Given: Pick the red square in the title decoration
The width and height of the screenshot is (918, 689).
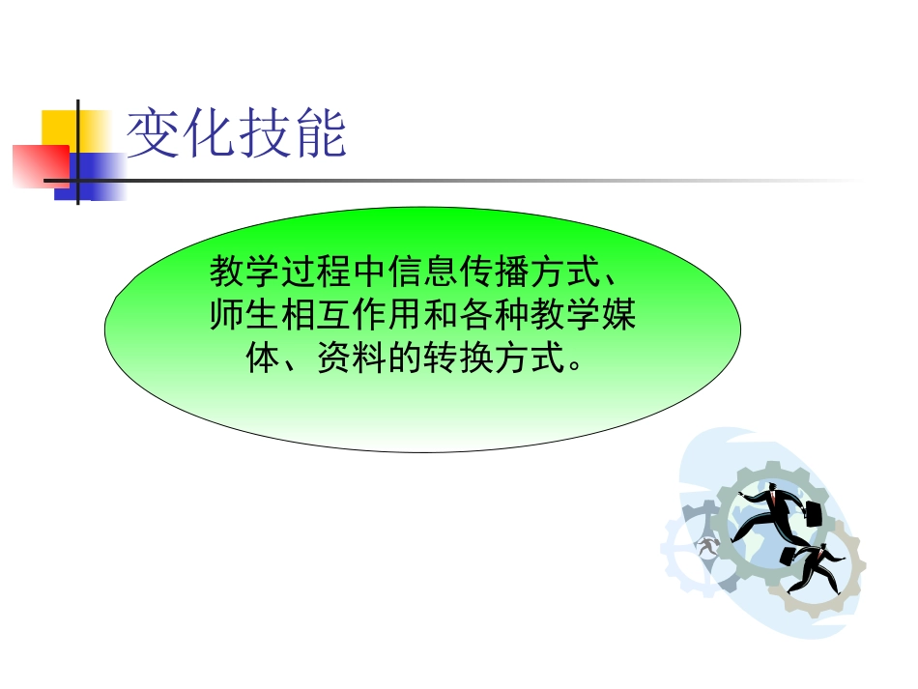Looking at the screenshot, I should pos(39,164).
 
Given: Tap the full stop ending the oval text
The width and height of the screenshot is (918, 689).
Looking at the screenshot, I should pos(576,367).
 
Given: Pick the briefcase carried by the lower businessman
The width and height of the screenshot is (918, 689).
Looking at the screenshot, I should pos(789,555).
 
